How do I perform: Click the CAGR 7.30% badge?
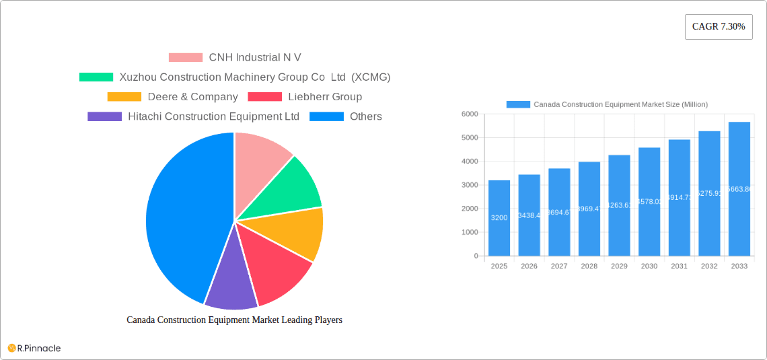click(x=718, y=27)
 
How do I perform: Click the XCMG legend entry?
click(x=235, y=77)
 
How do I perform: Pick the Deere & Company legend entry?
click(x=173, y=97)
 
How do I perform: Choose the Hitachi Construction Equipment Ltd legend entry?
click(x=194, y=116)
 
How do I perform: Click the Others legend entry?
click(x=346, y=116)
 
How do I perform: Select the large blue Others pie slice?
click(x=182, y=215)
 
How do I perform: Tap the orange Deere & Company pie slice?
click(x=296, y=232)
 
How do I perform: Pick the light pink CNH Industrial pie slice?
click(x=259, y=161)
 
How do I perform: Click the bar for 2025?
click(x=499, y=219)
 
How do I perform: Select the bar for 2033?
click(x=739, y=188)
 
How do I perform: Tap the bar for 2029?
click(x=619, y=205)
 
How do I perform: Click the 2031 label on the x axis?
click(x=679, y=266)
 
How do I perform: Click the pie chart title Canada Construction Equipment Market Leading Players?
click(x=234, y=320)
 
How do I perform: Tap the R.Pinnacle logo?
click(x=34, y=348)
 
